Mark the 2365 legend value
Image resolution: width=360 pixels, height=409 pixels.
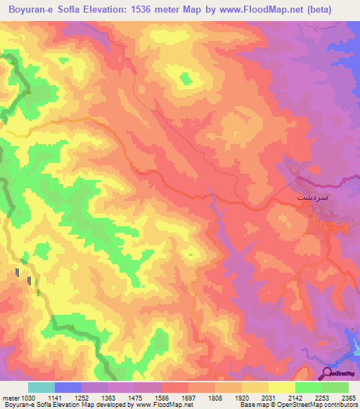point(348,398)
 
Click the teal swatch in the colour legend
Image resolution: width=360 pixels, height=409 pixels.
point(41,387)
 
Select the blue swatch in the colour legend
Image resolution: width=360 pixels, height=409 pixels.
point(68,387)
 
